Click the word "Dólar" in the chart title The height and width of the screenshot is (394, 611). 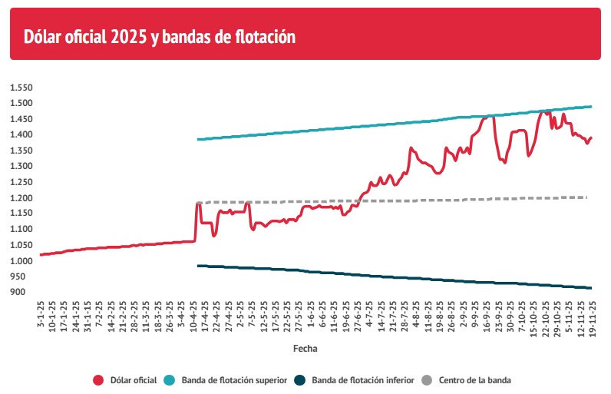pos(42,36)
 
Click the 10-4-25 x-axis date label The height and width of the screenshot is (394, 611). pos(192,316)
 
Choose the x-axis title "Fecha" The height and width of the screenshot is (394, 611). pos(305,348)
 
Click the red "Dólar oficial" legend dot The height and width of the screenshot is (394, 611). pos(98,379)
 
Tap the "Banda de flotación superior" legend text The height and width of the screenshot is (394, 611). pos(235,379)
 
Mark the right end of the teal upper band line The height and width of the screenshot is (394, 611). pos(592,106)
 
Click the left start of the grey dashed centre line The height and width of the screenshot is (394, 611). pos(197,203)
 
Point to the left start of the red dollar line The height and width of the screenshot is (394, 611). pos(40,254)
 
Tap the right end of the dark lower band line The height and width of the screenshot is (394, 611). pos(592,288)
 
